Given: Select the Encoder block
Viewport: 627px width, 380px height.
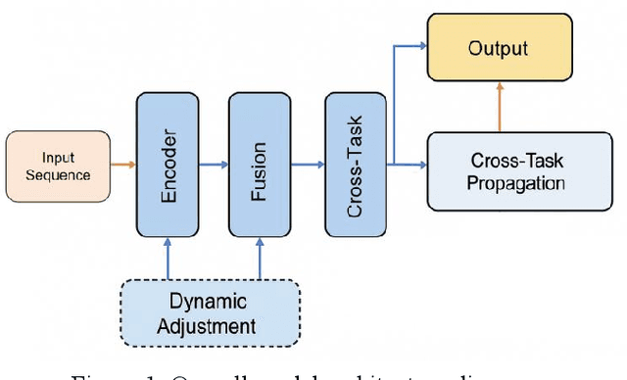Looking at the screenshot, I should click(168, 165).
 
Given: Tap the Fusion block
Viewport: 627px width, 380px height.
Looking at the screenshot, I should click(260, 165).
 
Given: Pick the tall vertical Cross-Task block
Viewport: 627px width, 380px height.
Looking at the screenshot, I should click(355, 165).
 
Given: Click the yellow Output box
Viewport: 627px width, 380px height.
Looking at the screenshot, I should click(499, 47).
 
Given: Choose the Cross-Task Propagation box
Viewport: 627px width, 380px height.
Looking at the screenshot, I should click(499, 170).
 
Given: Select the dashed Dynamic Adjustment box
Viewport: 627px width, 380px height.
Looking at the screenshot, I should click(209, 312).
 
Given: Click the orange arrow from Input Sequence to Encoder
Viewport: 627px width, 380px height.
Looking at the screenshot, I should click(122, 165).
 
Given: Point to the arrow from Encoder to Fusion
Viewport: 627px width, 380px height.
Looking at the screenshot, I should click(214, 165).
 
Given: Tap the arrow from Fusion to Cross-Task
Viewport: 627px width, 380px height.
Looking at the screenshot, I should click(308, 165).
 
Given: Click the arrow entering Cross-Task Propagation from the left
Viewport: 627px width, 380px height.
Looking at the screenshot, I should click(411, 165).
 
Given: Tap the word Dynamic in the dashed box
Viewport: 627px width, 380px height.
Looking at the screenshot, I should click(209, 302).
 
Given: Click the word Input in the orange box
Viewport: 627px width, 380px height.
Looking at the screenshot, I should click(57, 158).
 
